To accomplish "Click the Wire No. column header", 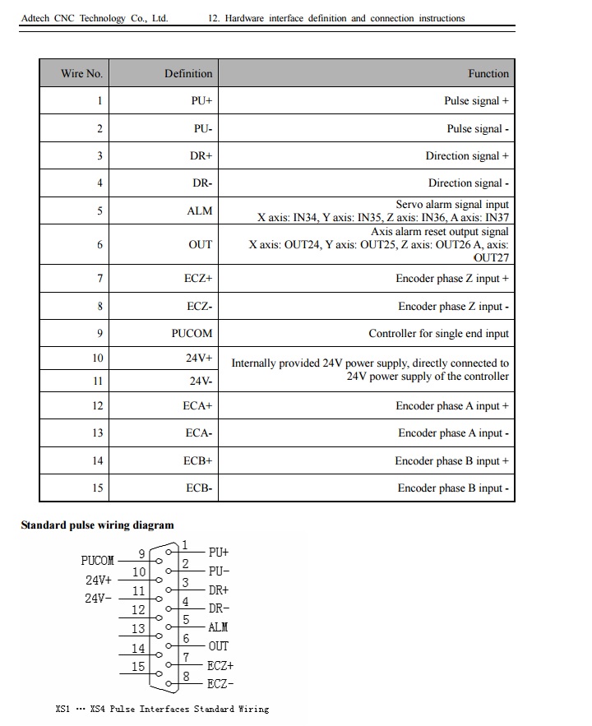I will pos(81,73).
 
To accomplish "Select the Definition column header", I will pos(188,73).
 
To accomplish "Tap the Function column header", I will pos(488,73).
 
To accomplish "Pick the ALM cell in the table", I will pos(200,211).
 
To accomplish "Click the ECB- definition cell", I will pos(199,488).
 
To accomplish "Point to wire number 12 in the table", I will pos(98,406).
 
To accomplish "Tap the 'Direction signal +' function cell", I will pos(466,156).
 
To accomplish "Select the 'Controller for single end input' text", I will pos(438,334).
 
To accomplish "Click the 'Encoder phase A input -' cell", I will pos(453,433).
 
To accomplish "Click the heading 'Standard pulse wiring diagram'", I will pos(97,525).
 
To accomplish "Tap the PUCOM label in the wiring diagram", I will pos(97,561).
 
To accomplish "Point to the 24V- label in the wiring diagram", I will pos(99,599).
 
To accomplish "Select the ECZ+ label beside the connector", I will pos(220,666).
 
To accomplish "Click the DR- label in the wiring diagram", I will pos(219,609).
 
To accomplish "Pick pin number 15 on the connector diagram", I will pos(138,667).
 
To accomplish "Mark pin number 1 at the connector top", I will pos(185,544).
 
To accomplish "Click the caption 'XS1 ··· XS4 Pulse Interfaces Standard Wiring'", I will pos(162,709).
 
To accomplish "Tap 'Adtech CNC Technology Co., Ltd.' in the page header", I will pos(94,18).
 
